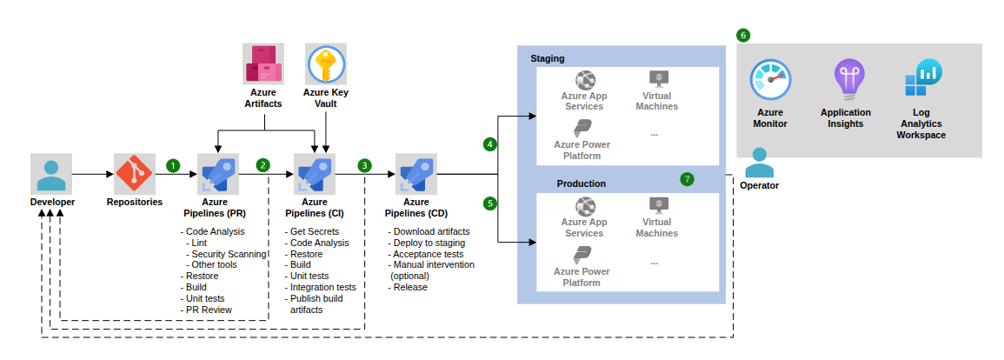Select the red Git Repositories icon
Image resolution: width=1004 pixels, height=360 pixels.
point(135,174)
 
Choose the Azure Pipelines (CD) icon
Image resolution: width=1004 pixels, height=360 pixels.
point(415,173)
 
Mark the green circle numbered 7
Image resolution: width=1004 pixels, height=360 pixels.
point(688,179)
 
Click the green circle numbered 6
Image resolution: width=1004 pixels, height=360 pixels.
point(742,36)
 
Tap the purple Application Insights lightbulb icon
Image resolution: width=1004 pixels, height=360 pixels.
point(846,81)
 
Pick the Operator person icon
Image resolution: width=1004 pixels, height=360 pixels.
point(759,162)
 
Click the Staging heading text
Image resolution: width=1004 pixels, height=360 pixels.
point(548,58)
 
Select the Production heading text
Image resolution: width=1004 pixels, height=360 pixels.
point(581,183)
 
